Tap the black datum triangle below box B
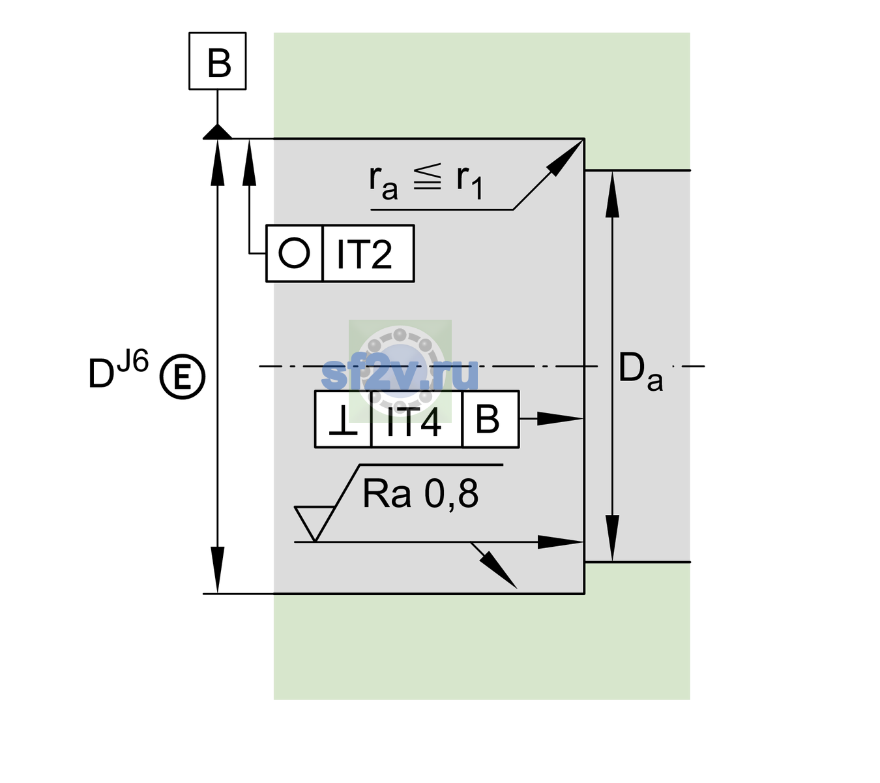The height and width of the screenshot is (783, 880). pos(217,132)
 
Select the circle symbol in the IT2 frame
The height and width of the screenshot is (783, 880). pos(294,253)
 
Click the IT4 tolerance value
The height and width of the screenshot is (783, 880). pos(413,421)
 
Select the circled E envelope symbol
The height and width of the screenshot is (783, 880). pos(183,376)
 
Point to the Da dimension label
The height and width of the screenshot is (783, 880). pos(640,372)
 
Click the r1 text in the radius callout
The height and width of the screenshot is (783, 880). pos(469,182)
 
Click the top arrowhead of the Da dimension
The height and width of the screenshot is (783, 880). pos(613,194)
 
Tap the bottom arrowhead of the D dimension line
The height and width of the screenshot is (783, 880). pos(217,570)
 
